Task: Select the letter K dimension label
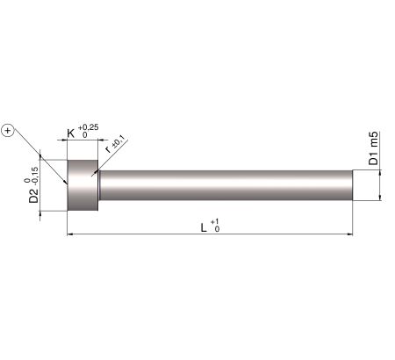(x=72, y=135)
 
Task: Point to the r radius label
(x=108, y=149)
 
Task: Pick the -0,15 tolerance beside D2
(x=35, y=172)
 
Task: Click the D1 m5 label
(x=373, y=149)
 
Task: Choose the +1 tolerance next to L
(x=216, y=222)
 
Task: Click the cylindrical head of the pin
(x=83, y=184)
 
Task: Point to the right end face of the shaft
(x=353, y=184)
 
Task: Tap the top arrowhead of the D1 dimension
(x=379, y=173)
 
